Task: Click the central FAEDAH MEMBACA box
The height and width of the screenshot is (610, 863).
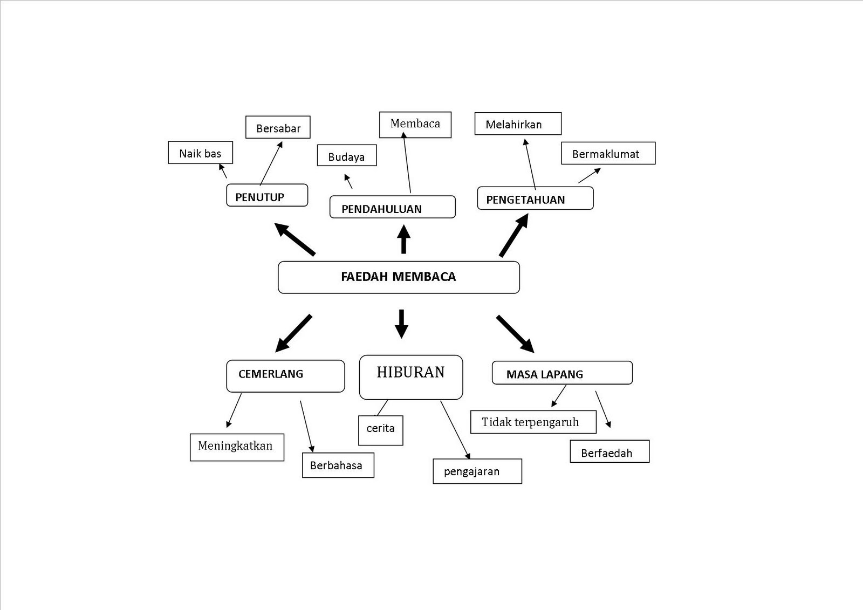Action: (399, 277)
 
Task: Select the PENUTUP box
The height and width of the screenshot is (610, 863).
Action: (267, 195)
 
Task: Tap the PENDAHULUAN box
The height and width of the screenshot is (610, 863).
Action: (393, 207)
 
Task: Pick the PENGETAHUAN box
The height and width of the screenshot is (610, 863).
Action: (535, 198)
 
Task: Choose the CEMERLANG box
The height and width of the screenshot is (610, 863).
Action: (285, 376)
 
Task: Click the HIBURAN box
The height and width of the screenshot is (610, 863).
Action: (411, 377)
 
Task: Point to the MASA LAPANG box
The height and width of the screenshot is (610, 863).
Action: (562, 373)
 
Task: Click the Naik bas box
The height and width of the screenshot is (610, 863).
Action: (201, 153)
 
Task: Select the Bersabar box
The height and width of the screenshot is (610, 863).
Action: (278, 128)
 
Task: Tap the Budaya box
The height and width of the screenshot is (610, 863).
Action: (347, 156)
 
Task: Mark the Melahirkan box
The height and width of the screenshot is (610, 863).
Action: (518, 124)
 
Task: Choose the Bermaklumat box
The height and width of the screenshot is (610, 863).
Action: (608, 154)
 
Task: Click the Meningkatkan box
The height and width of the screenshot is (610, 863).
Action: (237, 447)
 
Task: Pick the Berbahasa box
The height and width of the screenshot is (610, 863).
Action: (338, 465)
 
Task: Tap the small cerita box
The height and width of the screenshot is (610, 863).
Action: (381, 430)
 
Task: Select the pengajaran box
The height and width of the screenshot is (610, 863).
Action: (477, 471)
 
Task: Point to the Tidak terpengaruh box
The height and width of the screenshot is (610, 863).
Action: (533, 422)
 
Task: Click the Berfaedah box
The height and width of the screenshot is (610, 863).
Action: (609, 452)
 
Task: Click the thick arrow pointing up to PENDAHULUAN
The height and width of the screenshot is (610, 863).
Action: (403, 239)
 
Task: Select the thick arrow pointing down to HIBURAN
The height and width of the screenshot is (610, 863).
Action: (401, 324)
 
